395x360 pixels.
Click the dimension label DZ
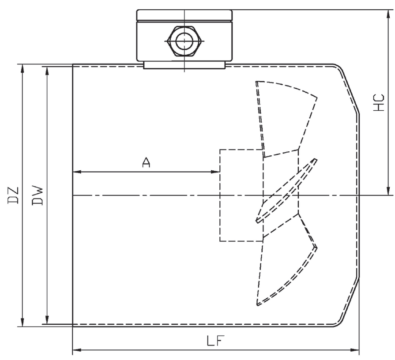[14, 195]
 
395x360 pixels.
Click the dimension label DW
[38, 195]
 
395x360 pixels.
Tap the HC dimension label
[379, 102]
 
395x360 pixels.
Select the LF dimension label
[216, 341]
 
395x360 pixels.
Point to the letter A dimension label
[147, 162]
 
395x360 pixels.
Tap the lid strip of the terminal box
[184, 15]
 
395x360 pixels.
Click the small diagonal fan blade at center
[287, 190]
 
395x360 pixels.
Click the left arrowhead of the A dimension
[76, 172]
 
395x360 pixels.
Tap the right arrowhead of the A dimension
[216, 172]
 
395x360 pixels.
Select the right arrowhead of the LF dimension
[356, 350]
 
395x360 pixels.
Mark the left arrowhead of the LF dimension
[76, 350]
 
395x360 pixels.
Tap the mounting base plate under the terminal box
[184, 65]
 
